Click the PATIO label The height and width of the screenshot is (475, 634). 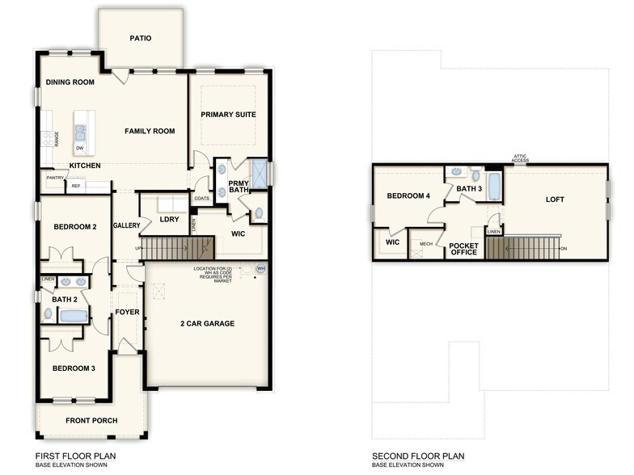(141, 38)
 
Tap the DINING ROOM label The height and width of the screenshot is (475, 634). (70, 82)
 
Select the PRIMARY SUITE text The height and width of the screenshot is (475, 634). (228, 115)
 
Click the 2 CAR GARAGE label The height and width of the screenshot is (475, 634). (207, 324)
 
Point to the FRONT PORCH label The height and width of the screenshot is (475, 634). (91, 421)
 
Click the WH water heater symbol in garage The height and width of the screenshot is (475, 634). (260, 269)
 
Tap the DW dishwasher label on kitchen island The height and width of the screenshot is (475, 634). (79, 149)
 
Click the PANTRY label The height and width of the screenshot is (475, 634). (55, 178)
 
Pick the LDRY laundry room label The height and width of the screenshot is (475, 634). (169, 219)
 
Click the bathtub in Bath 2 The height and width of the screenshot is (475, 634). (66, 315)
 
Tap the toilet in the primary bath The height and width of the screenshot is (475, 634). (258, 215)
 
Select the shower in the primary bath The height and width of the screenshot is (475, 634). (259, 174)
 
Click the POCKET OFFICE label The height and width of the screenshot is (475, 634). (464, 250)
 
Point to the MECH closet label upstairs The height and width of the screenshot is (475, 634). (425, 244)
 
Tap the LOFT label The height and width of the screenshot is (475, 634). (555, 200)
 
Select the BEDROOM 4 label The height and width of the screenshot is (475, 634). (408, 196)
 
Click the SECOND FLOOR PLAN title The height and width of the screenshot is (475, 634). (418, 456)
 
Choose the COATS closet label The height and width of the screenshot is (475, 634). (202, 199)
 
